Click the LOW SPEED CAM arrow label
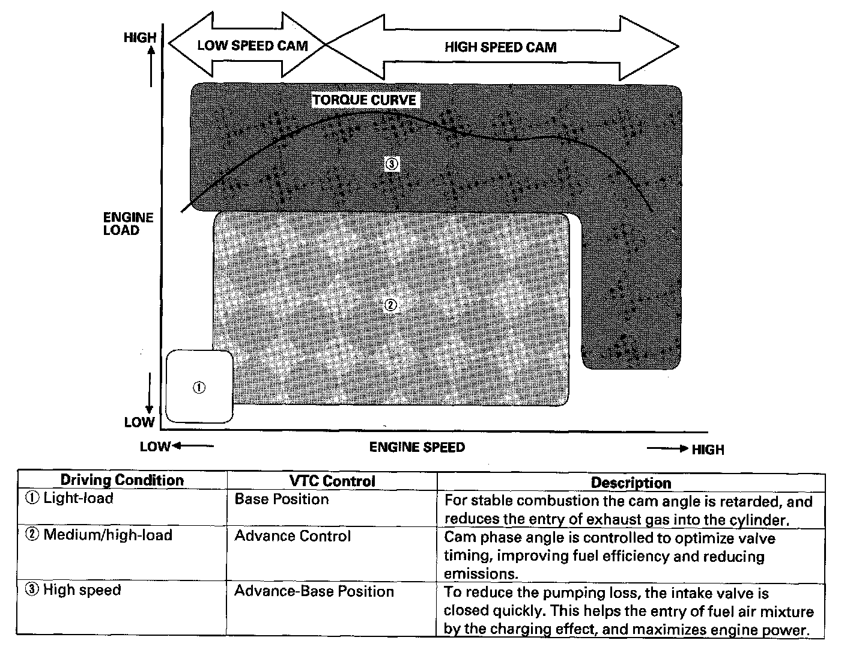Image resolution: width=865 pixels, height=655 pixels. point(252,46)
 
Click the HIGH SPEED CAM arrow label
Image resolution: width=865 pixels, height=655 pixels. point(500,47)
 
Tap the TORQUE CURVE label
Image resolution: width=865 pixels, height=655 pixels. point(364,100)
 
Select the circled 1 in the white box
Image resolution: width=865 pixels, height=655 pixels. point(199,388)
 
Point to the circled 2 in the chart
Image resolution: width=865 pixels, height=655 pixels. point(390,305)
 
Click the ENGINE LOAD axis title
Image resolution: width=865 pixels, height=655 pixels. point(128,224)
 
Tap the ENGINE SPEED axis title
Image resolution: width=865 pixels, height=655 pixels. point(417,447)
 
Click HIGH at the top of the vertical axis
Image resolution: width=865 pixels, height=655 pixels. point(139,38)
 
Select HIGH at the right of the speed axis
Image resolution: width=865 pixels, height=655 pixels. point(708,449)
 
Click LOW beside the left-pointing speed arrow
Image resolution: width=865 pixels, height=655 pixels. point(155,446)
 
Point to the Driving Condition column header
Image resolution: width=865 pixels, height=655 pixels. point(122,480)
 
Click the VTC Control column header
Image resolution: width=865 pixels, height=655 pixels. point(332,481)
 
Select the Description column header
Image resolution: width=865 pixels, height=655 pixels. point(631,483)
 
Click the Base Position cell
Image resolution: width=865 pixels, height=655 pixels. point(282,499)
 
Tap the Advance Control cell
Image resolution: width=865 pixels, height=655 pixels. point(293,536)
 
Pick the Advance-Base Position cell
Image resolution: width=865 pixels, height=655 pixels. point(314,591)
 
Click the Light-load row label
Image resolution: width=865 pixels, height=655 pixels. point(78,498)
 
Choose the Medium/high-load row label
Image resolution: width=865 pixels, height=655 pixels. point(108,535)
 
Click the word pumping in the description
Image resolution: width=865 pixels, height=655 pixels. point(572,594)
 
